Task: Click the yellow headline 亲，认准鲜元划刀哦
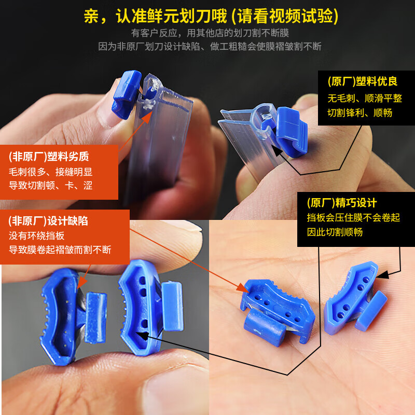155,16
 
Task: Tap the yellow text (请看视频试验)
285,16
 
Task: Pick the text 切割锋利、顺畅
359,113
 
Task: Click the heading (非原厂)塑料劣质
49,156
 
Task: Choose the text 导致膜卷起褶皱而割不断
60,250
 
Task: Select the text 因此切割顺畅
335,232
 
